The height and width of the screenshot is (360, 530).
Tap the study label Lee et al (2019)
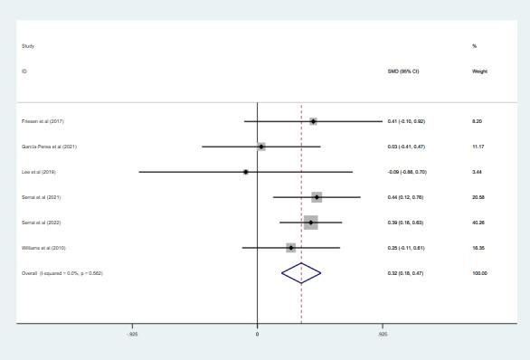(x=39, y=172)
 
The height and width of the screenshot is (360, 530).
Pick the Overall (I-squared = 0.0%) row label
(x=62, y=273)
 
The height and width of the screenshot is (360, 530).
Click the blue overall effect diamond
(x=301, y=273)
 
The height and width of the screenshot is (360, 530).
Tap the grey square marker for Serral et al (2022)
(x=310, y=223)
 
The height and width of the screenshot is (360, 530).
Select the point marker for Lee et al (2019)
(x=245, y=172)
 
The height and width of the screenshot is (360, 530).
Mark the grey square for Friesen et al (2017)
(x=313, y=121)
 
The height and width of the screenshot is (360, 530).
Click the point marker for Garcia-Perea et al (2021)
(x=261, y=147)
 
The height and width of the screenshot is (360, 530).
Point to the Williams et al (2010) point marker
(x=290, y=248)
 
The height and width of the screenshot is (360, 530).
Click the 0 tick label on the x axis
(x=258, y=335)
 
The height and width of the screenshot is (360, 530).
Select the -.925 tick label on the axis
(x=133, y=335)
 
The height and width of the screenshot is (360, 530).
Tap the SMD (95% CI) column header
(x=402, y=71)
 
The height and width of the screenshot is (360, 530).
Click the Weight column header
(x=479, y=71)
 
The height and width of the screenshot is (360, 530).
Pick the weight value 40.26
(x=479, y=223)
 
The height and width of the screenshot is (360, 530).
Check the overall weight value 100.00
(x=480, y=273)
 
